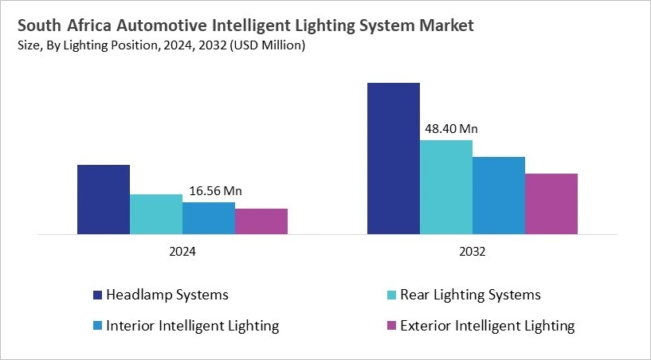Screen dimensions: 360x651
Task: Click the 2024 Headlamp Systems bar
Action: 103,200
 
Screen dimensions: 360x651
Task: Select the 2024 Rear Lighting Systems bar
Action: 155,214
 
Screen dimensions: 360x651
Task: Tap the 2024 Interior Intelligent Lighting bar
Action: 208,218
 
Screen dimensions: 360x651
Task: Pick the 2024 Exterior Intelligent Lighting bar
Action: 261,221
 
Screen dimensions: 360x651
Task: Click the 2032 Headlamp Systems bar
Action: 393,158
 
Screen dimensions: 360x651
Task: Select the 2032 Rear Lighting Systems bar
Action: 445,187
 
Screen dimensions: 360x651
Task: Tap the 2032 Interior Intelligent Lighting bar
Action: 498,196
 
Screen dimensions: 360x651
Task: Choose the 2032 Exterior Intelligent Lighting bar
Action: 551,204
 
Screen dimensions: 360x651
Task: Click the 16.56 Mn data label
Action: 215,191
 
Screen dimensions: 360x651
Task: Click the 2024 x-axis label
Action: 182,251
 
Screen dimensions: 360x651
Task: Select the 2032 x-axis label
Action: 472,251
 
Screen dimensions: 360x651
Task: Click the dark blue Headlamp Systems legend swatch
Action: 97,295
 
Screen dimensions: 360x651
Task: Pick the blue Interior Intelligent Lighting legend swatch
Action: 97,326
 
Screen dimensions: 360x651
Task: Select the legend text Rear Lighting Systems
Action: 470,295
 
